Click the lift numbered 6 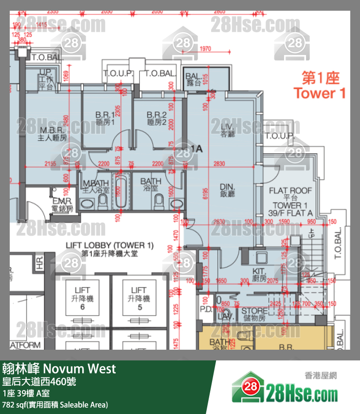tap(83, 299)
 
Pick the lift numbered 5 tap(139, 299)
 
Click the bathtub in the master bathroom tap(119, 192)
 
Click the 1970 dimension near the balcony tap(205, 48)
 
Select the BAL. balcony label tap(194, 79)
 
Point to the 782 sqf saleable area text tap(55, 404)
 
